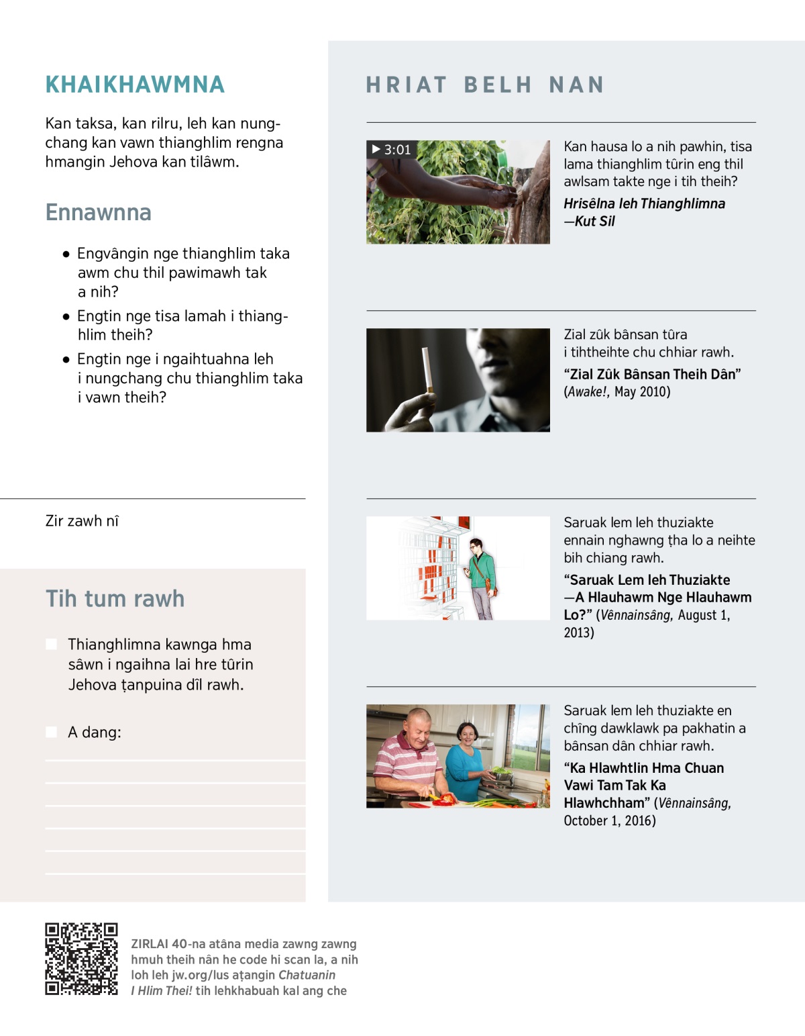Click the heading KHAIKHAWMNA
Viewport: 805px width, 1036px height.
click(135, 85)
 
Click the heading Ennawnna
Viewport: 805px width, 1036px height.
click(98, 212)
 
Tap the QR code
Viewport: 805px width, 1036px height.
click(81, 958)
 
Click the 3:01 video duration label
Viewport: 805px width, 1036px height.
click(392, 150)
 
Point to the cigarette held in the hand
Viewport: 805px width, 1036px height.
click(426, 369)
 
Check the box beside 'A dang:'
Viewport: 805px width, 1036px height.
click(51, 732)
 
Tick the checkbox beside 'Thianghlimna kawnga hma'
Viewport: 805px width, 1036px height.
click(51, 645)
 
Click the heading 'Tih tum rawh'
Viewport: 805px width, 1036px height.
click(115, 598)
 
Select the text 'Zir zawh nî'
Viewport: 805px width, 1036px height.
click(82, 521)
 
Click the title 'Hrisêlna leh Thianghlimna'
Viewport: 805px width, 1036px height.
click(644, 203)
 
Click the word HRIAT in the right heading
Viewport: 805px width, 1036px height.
click(407, 85)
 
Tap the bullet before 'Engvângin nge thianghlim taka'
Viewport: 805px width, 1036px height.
click(66, 254)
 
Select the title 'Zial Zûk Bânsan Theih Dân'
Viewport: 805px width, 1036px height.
click(652, 374)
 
